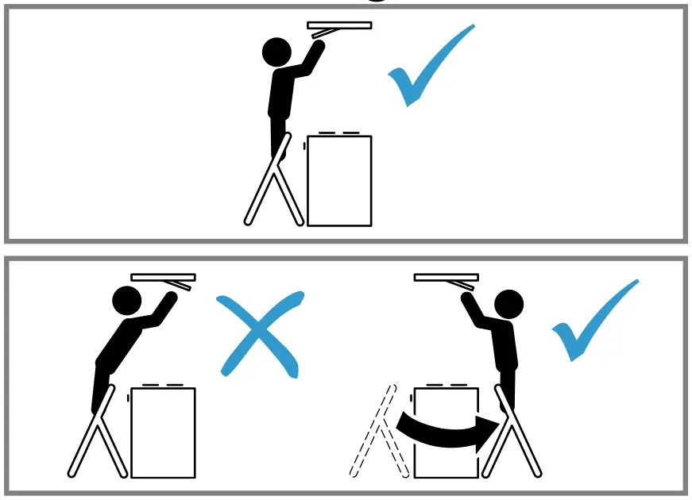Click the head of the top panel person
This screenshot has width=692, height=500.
pyautogui.click(x=277, y=52)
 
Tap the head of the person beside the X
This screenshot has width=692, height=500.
pyautogui.click(x=126, y=300)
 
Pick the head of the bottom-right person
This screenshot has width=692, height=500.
pyautogui.click(x=508, y=303)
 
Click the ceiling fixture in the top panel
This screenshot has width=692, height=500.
pyautogui.click(x=339, y=26)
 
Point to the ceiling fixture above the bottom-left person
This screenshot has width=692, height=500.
pyautogui.click(x=163, y=278)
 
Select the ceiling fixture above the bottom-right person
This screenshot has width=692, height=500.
pyautogui.click(x=446, y=278)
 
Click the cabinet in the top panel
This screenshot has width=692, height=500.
pyautogui.click(x=339, y=181)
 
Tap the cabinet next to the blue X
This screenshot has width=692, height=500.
pyautogui.click(x=163, y=433)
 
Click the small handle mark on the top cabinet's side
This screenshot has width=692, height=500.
pyautogui.click(x=304, y=145)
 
